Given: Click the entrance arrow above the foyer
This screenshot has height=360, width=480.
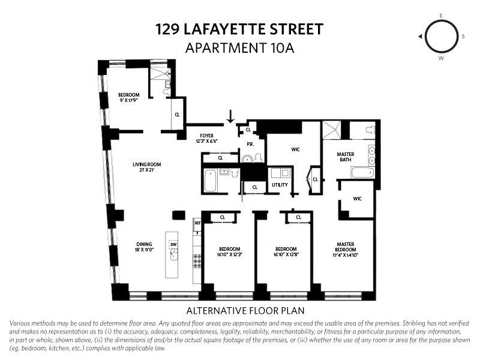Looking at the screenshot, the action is coord(230,116).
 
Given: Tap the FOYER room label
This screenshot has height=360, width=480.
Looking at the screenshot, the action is coord(206,136).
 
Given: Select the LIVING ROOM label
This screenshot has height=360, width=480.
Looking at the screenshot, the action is coord(146,164).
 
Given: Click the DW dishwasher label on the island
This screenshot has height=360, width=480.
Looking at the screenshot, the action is coord(173,245).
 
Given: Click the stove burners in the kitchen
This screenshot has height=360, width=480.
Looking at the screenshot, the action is coord(197,261).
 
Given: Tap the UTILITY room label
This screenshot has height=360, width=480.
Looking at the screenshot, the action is coord(280,185).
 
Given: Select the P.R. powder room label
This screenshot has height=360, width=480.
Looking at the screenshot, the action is coord(250,144).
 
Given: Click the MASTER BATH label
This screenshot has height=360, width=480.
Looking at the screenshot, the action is coord(346,157).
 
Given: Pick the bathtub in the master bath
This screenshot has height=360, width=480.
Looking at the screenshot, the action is coord(362,172).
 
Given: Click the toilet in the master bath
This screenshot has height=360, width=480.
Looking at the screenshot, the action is coord(370,130).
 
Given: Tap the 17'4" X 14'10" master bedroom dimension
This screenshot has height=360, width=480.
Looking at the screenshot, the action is coord(346,255).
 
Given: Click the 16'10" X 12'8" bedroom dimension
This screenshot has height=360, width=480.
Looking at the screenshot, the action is coord(286,254).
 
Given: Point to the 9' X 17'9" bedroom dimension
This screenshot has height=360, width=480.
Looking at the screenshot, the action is coord(128,100).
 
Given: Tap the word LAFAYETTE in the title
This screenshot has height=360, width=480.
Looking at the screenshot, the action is coord(224,29).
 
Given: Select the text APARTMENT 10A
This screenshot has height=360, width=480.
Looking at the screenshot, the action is coord(239,48).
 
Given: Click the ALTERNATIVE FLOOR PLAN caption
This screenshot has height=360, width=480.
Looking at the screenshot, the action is coord(245,311).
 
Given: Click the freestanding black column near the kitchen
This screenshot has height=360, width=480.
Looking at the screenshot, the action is coord(179,215).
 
